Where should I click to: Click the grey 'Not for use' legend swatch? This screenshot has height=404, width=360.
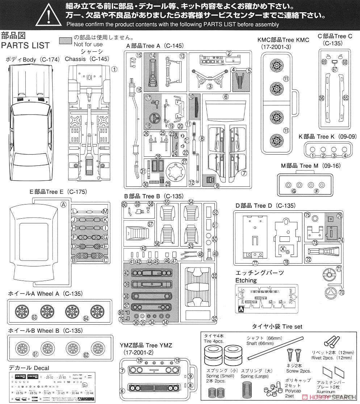pyautogui.click(x=65, y=40)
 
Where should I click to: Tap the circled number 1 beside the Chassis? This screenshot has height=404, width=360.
pyautogui.click(x=114, y=69)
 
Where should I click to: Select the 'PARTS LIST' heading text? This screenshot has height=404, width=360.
pyautogui.click(x=25, y=46)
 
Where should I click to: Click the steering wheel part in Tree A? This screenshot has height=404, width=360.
pyautogui.click(x=153, y=119)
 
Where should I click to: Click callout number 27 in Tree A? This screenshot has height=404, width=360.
pyautogui.click(x=184, y=161)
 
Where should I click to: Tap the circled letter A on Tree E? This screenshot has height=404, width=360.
pyautogui.click(x=64, y=204)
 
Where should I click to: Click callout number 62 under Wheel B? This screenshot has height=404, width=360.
pyautogui.click(x=85, y=355)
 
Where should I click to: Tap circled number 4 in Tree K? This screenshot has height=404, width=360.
pyautogui.click(x=345, y=156)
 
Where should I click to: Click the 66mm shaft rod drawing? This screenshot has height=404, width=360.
pyautogui.click(x=275, y=347)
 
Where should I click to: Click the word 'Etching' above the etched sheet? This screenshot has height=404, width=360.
pyautogui.click(x=246, y=280)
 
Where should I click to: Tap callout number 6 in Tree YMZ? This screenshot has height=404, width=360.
pyautogui.click(x=122, y=391)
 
